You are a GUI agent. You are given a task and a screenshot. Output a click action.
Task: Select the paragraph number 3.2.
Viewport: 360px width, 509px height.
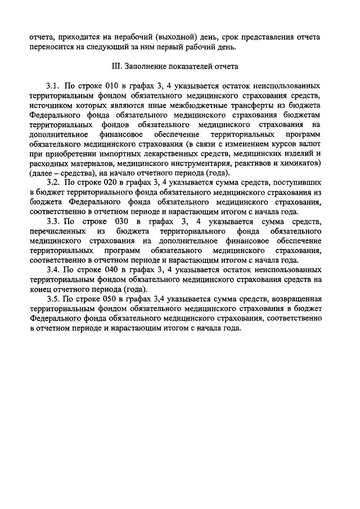click(x=53, y=183)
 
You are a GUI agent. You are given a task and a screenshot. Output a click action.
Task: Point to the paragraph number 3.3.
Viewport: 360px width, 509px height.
click(x=53, y=222)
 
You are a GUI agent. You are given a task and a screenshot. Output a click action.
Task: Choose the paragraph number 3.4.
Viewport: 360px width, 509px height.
click(x=53, y=269)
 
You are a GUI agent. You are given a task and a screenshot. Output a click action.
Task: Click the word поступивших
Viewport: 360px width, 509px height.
click(x=296, y=183)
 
